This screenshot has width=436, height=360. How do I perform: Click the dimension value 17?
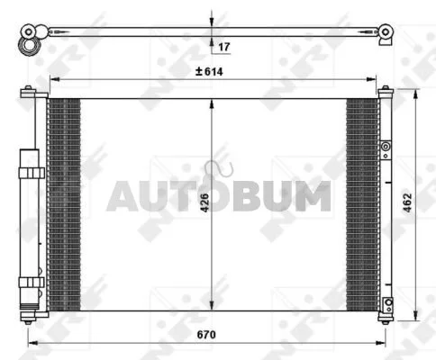coord(223,47)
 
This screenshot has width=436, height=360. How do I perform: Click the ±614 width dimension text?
coord(209,71)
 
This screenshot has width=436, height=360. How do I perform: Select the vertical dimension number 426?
coord(204,202)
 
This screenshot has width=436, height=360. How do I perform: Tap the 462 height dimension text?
coord(407,202)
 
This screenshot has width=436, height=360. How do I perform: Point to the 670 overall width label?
coord(206,334)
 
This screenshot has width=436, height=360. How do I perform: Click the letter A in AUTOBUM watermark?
coord(123,196)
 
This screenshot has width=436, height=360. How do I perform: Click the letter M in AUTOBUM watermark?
coord(313,196)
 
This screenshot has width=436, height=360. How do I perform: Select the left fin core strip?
coord(64,204)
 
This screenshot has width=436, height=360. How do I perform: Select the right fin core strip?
coord(362,204)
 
